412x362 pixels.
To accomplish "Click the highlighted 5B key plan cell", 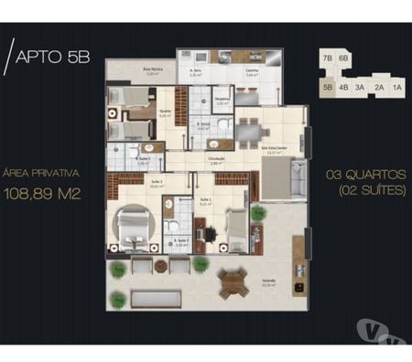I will [x=327, y=88].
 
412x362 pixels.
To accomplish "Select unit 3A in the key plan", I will [x=360, y=88].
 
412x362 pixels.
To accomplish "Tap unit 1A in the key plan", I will [x=396, y=88].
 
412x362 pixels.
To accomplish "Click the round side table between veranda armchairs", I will [x=161, y=266].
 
